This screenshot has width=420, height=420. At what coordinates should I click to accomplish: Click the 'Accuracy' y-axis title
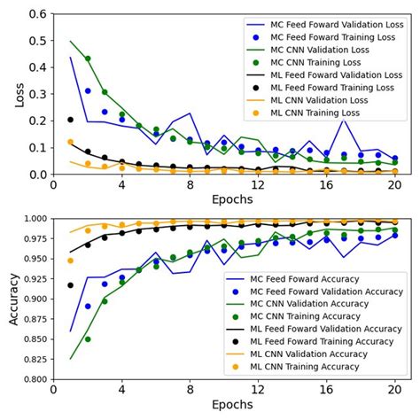13,299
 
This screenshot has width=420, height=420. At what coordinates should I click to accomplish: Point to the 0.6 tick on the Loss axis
38,15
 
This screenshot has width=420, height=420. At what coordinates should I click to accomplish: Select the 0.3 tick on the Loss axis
38,95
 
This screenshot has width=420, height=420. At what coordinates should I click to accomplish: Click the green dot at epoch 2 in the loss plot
88,58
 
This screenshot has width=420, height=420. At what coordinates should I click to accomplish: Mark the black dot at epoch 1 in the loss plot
71,120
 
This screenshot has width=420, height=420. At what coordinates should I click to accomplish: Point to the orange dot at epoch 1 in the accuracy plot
71,261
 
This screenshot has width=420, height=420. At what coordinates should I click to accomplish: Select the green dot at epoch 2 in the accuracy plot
88,338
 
